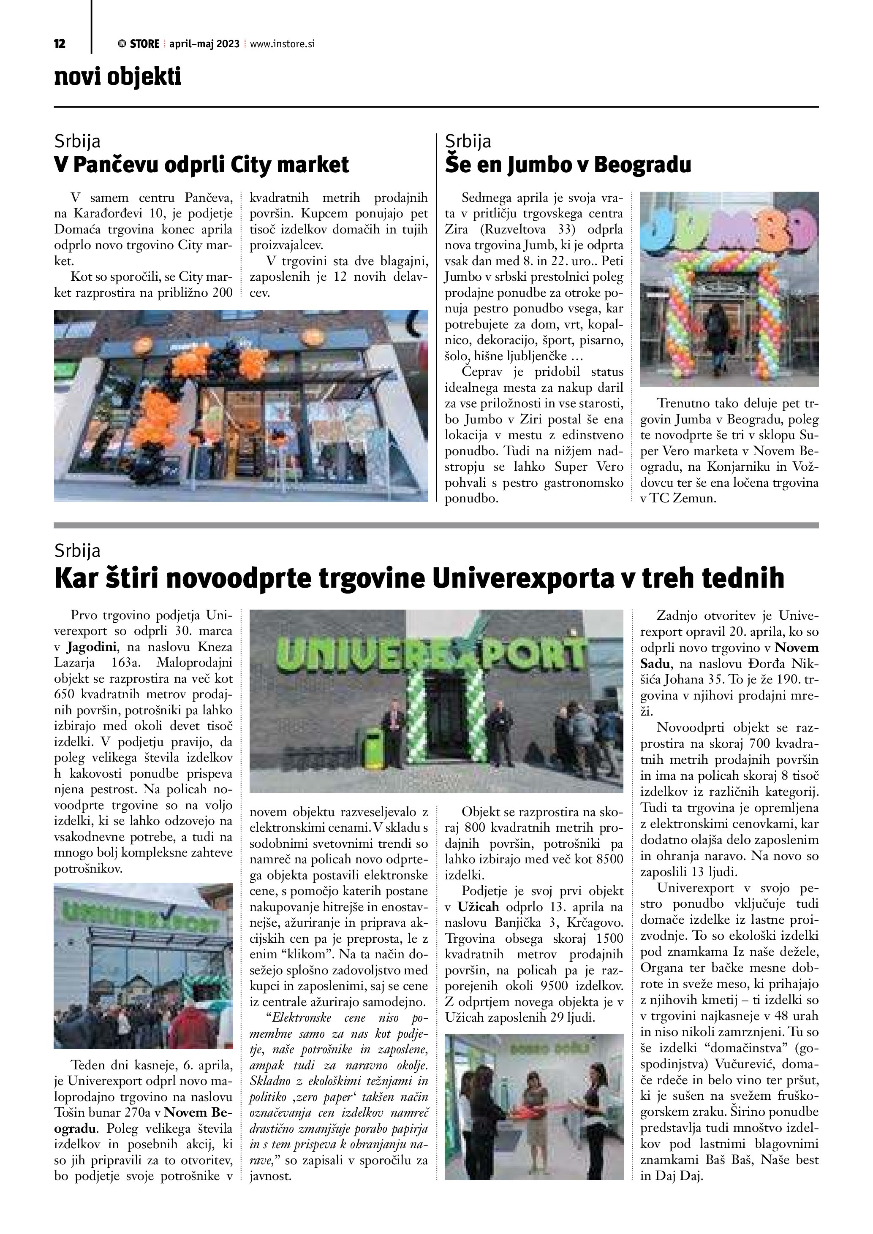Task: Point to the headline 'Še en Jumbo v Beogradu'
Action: tap(568, 165)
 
